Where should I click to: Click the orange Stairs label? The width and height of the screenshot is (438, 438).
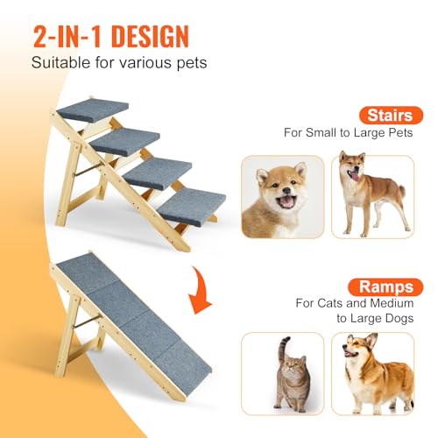tap(386, 114)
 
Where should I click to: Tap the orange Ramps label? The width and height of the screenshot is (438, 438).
tap(385, 286)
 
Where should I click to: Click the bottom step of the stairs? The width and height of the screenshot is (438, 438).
tap(191, 204)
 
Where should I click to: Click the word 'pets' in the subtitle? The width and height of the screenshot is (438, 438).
tap(191, 63)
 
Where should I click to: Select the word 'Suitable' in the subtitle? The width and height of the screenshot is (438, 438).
tap(60, 63)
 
